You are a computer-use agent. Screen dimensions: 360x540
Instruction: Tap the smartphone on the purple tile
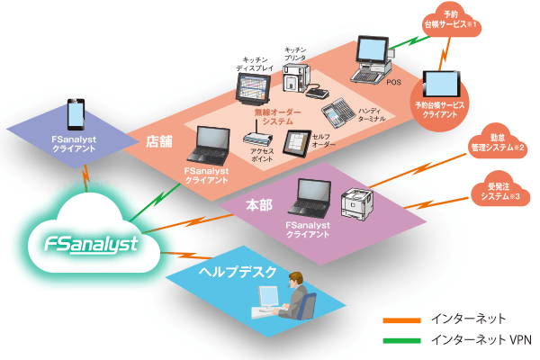tap(76, 115)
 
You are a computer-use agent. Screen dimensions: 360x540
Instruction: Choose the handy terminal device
tap(337, 113)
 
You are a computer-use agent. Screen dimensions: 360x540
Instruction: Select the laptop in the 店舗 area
tap(212, 144)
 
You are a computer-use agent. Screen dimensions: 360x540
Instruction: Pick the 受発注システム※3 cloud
tap(499, 192)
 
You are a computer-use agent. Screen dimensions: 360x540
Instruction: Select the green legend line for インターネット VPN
tap(400, 340)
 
